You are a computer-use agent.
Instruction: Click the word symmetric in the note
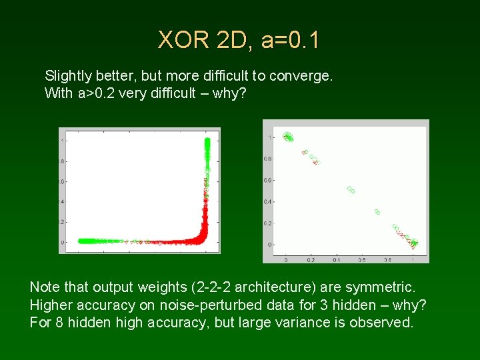coord(381,287)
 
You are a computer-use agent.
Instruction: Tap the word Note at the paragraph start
coord(45,287)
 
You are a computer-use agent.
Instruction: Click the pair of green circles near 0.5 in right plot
coord(350,190)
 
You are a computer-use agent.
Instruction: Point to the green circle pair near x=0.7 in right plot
coord(377,212)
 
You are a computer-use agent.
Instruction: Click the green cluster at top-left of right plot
coord(288,137)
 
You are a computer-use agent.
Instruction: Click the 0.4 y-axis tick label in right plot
coord(270,202)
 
